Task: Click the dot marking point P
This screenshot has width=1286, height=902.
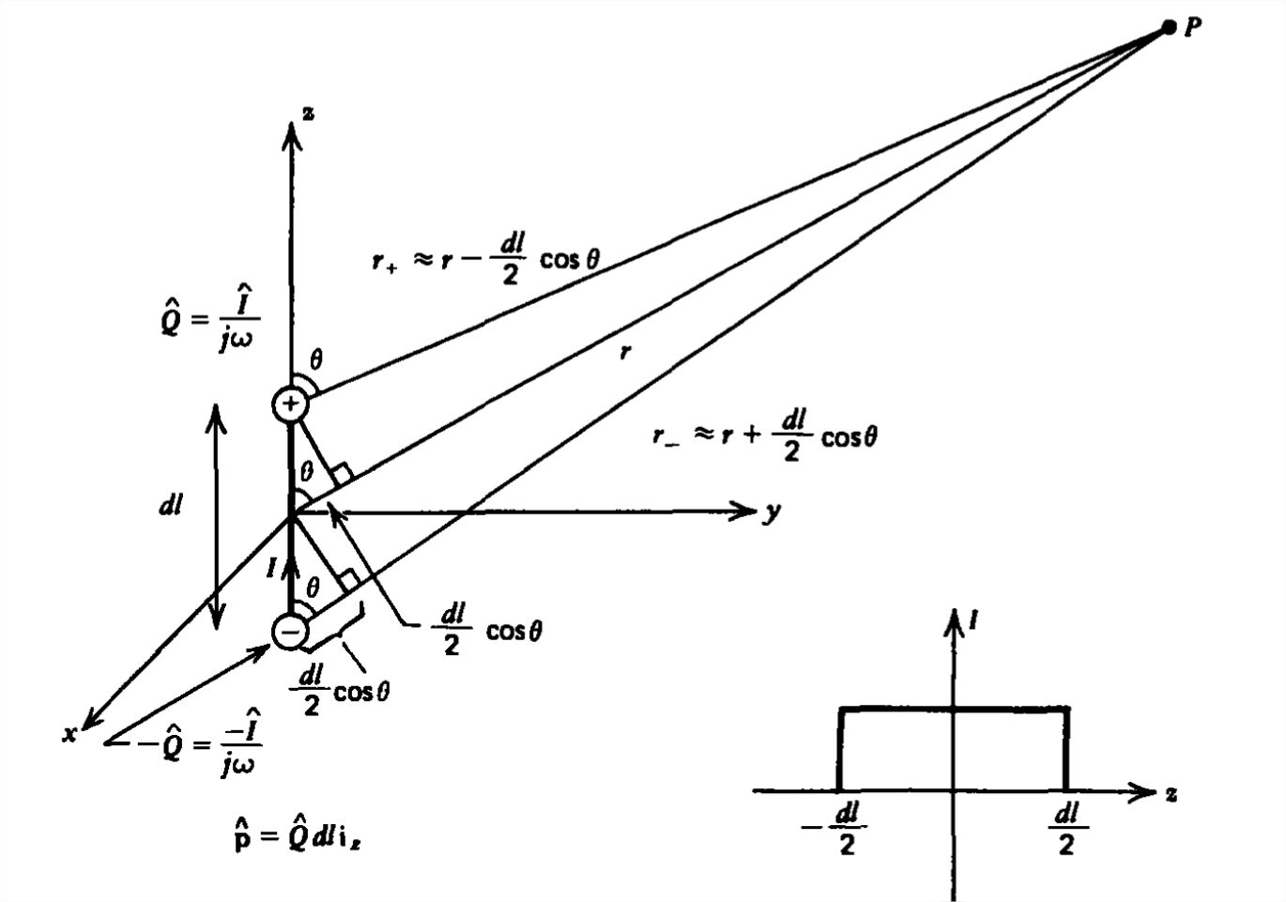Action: tap(1168, 27)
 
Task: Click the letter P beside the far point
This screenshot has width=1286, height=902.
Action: tap(1192, 27)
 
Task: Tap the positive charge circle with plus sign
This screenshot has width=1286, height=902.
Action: tap(290, 405)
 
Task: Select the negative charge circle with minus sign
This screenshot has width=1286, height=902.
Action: tap(290, 631)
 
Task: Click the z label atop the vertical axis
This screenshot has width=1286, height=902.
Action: tap(308, 114)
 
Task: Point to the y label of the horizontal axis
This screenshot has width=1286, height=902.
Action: tap(772, 512)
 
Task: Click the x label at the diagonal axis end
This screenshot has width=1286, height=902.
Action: tap(69, 734)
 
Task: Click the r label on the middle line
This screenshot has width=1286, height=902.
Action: tap(624, 352)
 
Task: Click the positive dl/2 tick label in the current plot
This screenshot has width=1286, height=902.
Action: tap(1066, 828)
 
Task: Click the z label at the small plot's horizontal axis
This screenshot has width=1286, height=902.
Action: tap(1171, 793)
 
